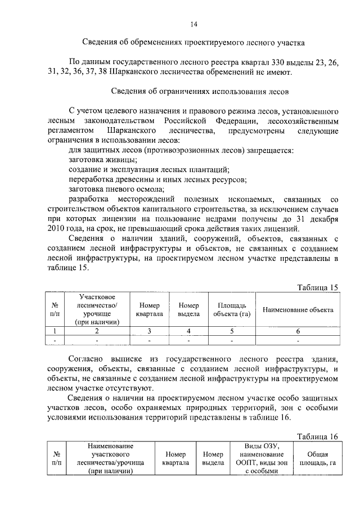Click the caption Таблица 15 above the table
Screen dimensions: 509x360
point(317,287)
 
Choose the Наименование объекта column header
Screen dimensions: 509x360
point(298,310)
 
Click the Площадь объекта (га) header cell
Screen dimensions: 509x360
point(231,310)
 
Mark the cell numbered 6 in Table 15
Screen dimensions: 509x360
point(298,331)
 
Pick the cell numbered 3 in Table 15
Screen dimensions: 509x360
point(150,331)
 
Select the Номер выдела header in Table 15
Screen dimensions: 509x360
point(189,310)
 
